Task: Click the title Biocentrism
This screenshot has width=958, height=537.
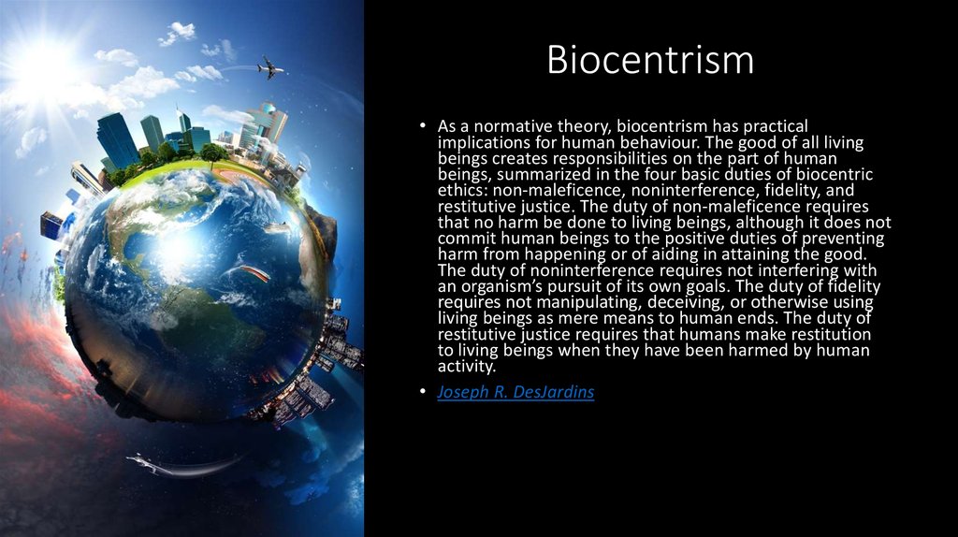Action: pyautogui.click(x=650, y=59)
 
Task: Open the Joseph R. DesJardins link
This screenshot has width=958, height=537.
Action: pyautogui.click(x=515, y=392)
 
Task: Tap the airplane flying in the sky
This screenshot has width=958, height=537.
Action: pyautogui.click(x=270, y=67)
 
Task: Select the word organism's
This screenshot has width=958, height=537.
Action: pyautogui.click(x=501, y=286)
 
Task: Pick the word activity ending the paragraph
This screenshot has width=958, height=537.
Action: pyautogui.click(x=466, y=366)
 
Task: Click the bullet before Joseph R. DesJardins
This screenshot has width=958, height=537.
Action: pyautogui.click(x=423, y=391)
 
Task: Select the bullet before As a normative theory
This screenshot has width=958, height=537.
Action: pyautogui.click(x=423, y=126)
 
